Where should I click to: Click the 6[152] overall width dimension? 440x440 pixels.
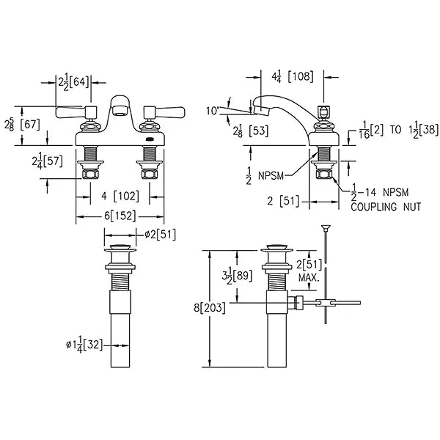[x=120, y=216]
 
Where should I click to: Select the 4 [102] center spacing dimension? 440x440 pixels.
[x=120, y=196]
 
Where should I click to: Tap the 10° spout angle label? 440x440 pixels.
[x=213, y=111]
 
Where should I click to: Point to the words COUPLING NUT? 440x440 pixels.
[x=386, y=207]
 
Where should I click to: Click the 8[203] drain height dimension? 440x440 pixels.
[x=210, y=308]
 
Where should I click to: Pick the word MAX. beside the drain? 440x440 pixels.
[x=309, y=278]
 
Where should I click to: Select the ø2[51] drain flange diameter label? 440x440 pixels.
[x=160, y=235]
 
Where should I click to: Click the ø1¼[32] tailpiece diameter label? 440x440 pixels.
[x=84, y=345]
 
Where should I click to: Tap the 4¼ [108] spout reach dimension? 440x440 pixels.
[x=293, y=76]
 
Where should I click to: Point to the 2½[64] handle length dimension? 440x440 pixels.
[x=73, y=82]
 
